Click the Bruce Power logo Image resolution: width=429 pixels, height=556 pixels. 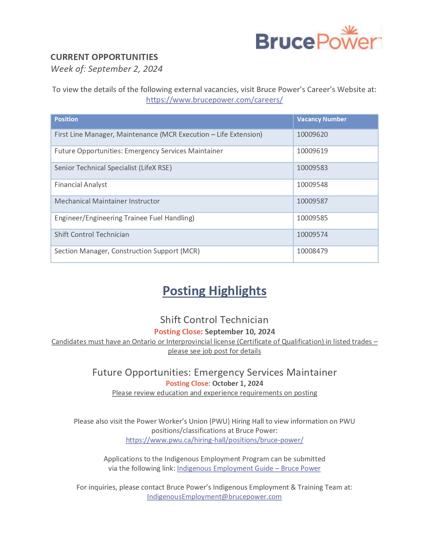click(x=318, y=38)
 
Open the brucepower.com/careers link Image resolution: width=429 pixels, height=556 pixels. click(x=214, y=100)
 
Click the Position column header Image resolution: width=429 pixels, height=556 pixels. click(x=66, y=119)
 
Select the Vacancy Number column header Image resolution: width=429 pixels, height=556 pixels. click(x=321, y=119)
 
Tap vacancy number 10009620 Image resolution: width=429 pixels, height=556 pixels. click(x=312, y=134)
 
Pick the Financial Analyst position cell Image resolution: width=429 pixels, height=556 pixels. click(x=81, y=185)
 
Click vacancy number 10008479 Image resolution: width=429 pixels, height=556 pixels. click(x=312, y=251)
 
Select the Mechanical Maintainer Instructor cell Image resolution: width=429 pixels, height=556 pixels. click(x=107, y=201)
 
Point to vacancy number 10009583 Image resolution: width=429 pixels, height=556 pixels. click(x=312, y=168)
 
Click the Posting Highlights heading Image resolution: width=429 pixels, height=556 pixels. click(x=214, y=291)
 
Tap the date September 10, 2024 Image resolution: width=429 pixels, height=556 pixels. click(x=240, y=332)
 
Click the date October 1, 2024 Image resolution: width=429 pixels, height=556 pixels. click(x=238, y=383)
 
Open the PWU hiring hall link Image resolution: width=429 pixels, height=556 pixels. click(x=214, y=440)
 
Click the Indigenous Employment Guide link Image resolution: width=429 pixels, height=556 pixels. click(x=249, y=468)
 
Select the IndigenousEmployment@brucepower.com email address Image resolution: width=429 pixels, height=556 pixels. click(x=214, y=497)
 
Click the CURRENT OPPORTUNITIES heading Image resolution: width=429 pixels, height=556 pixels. click(x=104, y=57)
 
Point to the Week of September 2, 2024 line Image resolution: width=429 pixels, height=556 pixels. click(x=107, y=69)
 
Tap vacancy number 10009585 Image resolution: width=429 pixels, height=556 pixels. click(x=312, y=218)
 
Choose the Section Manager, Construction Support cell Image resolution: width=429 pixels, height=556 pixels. click(x=127, y=251)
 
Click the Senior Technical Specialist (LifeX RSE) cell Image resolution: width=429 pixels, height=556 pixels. click(x=113, y=168)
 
